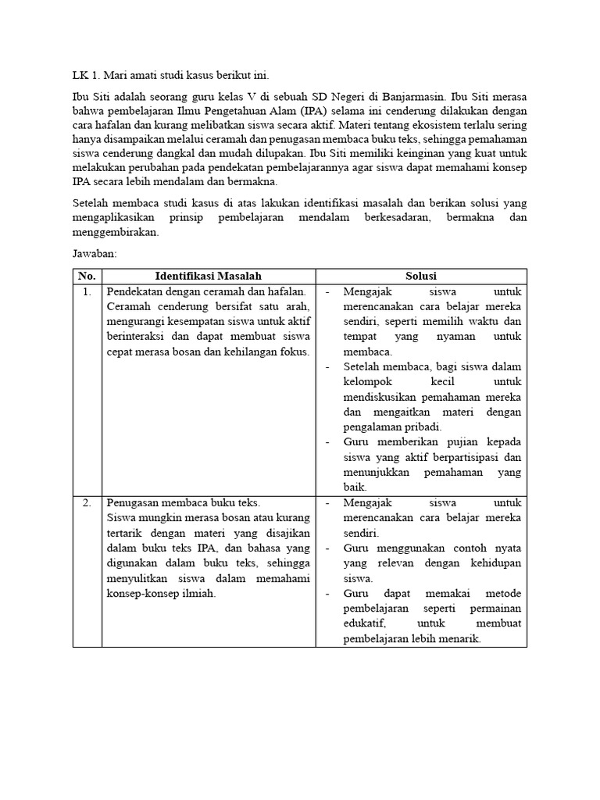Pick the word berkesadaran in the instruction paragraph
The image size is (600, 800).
point(394,218)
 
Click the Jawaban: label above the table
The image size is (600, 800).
point(95,254)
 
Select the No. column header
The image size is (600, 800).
point(87,277)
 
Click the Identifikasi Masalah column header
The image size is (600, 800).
point(208,277)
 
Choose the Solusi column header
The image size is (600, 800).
point(420,277)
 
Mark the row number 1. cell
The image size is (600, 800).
point(87,291)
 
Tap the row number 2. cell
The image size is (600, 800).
point(87,502)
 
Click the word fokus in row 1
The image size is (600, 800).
point(293,352)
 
